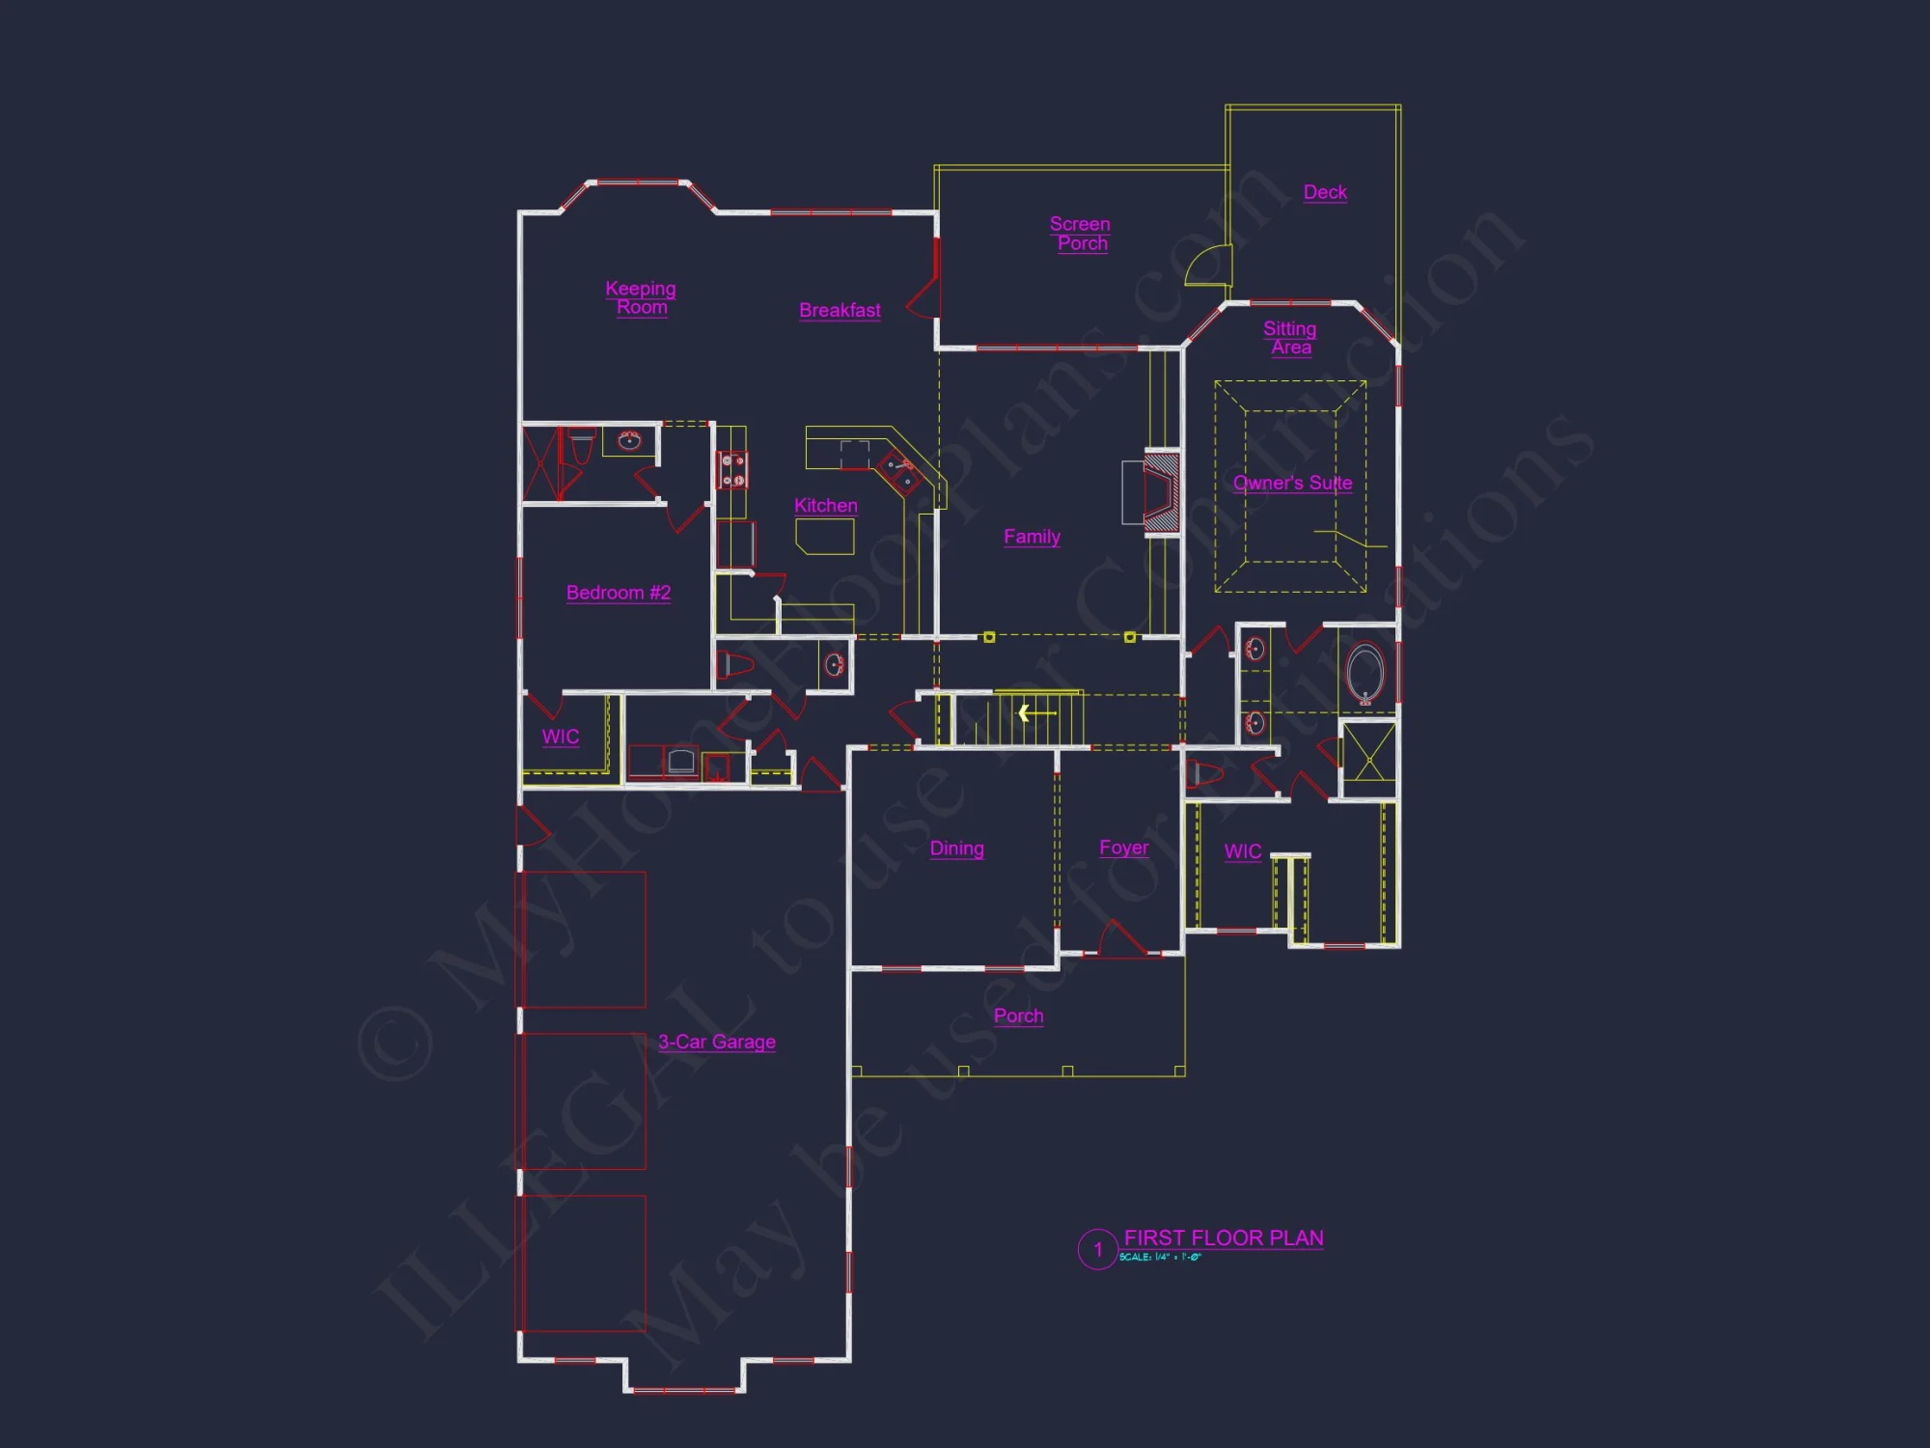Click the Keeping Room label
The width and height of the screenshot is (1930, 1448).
tap(641, 297)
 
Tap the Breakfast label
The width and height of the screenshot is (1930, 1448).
tap(840, 310)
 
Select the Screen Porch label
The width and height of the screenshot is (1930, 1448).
tap(1081, 234)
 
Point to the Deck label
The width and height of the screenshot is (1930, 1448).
tap(1325, 192)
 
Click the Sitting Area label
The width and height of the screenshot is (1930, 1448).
tap(1290, 338)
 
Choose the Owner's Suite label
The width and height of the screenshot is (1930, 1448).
tap(1292, 483)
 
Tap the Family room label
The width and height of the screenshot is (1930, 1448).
tap(1032, 537)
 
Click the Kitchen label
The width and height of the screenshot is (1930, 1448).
tap(825, 505)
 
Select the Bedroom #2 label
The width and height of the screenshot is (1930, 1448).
tap(619, 593)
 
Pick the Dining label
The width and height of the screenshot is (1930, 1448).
tap(956, 849)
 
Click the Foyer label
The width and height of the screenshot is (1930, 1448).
tap(1124, 848)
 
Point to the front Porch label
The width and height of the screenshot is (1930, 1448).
tap(1018, 1016)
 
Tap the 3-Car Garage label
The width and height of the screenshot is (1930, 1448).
tap(717, 1042)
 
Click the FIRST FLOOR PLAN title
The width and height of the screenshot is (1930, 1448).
tap(1224, 1238)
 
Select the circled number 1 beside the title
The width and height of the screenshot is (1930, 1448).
tap(1097, 1249)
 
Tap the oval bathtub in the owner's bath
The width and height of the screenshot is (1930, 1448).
tap(1365, 672)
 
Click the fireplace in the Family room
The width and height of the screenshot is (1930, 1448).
tap(1161, 492)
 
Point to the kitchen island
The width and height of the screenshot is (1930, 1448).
tap(825, 537)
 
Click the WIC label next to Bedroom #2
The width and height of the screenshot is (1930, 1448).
tap(561, 738)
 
